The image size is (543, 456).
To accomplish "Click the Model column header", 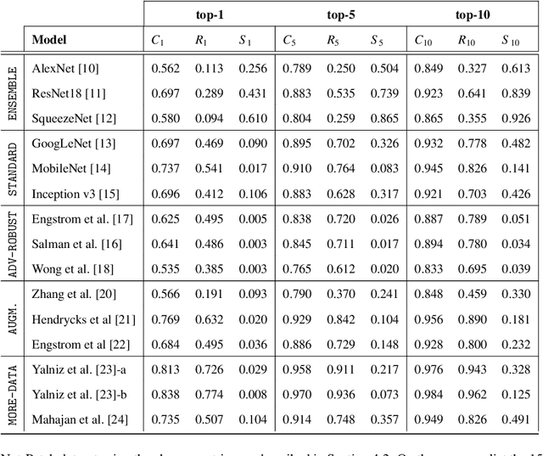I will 50,39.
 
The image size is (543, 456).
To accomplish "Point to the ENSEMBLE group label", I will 13,93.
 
